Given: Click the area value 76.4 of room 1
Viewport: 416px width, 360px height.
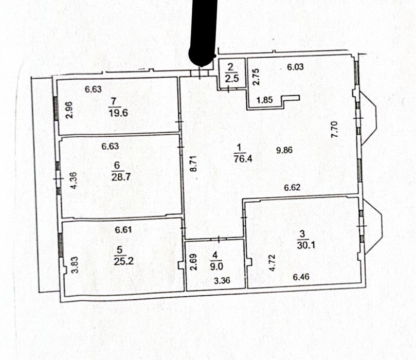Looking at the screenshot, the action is [x=243, y=158].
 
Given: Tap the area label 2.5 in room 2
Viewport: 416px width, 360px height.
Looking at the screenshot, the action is [x=232, y=79].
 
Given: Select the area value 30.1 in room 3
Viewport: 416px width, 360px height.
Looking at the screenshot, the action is [x=306, y=245].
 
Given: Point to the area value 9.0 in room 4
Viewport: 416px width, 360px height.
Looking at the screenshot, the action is [x=216, y=266].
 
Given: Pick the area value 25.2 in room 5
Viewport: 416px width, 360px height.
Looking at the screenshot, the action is [x=123, y=261].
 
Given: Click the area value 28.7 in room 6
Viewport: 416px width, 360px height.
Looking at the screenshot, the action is [x=121, y=177].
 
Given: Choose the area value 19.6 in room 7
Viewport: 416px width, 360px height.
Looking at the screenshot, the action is [x=118, y=113].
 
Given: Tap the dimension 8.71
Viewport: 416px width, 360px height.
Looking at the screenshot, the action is [x=194, y=164].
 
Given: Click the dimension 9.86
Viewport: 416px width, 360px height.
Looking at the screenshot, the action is [x=284, y=150].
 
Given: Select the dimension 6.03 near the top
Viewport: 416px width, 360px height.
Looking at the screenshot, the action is [x=295, y=66].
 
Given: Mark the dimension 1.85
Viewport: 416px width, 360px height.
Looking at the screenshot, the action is [x=264, y=100].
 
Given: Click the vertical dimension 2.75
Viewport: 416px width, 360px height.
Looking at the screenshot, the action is [x=256, y=77].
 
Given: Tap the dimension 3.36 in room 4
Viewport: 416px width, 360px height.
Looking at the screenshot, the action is [x=222, y=280].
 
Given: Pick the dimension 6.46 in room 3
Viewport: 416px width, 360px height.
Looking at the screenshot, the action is [x=301, y=277].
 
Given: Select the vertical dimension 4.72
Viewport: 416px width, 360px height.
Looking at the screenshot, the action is [x=272, y=263].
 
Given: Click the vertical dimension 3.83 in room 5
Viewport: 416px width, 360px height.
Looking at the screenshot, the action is [x=76, y=265].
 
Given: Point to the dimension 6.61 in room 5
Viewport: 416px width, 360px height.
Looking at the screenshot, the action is [x=123, y=229].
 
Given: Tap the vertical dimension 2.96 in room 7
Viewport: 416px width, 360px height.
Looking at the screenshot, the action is [x=69, y=110].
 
